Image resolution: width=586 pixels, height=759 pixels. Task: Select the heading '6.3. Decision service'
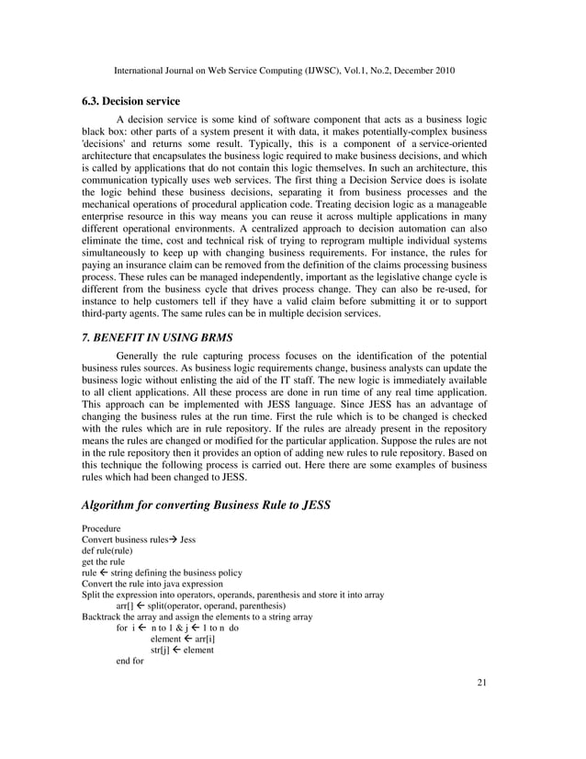coord(130,101)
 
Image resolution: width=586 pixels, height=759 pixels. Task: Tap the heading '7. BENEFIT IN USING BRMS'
coord(156,337)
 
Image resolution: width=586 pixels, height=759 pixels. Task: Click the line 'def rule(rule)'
coord(107,551)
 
